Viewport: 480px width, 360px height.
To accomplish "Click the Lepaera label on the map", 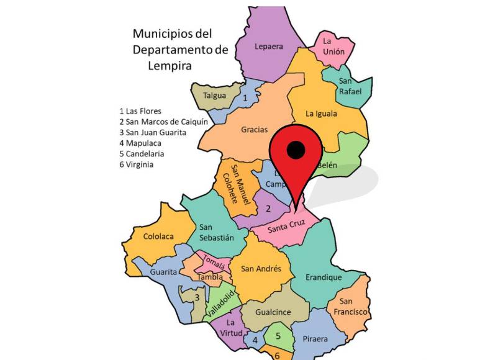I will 268,46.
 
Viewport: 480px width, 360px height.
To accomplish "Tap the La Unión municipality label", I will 333,47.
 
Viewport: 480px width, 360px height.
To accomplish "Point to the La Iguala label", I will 322,114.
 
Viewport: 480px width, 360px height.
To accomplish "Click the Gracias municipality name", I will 255,130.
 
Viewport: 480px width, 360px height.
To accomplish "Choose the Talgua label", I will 215,96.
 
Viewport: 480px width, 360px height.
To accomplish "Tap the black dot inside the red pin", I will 296,149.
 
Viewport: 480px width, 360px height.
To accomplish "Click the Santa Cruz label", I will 286,228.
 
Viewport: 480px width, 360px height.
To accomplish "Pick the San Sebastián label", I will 217,232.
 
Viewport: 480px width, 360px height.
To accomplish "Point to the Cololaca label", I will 158,236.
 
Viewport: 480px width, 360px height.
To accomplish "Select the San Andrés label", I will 261,269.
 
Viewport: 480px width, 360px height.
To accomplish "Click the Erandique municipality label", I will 324,277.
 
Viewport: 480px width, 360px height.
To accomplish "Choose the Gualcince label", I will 274,312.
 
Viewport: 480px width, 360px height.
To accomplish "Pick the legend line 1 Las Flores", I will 140,111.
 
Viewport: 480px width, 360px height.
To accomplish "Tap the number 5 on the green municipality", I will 278,336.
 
